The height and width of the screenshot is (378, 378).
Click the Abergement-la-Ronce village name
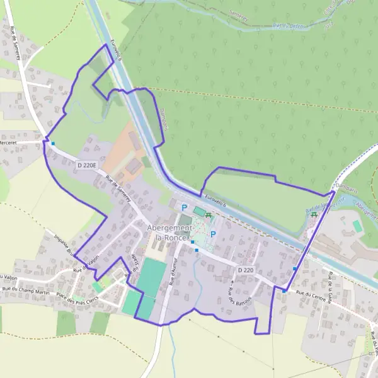tap(166, 232)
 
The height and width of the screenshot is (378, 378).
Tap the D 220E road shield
tap(86, 166)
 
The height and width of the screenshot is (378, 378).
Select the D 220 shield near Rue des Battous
tap(246, 270)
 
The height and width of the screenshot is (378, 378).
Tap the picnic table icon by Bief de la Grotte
tap(314, 214)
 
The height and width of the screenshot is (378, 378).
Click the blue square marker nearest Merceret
tap(53, 144)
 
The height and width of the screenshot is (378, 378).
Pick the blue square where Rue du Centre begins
tap(284, 291)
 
